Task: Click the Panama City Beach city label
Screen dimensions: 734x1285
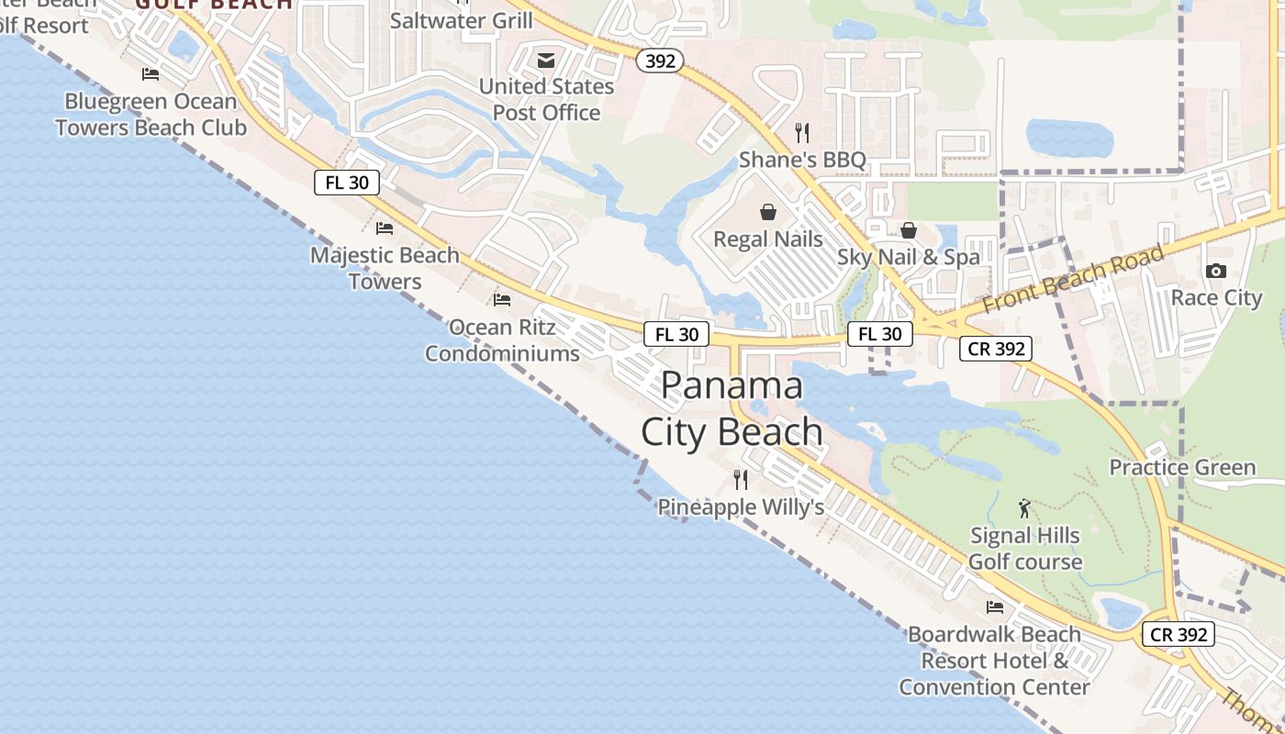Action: (x=732, y=408)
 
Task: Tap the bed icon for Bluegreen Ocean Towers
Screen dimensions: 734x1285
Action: (x=151, y=74)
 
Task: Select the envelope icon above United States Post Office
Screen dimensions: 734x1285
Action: (x=546, y=61)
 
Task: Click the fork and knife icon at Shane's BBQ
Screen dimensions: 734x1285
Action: (x=802, y=133)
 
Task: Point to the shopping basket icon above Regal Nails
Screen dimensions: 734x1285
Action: (x=768, y=212)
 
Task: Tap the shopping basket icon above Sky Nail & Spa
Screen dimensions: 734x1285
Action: (x=909, y=230)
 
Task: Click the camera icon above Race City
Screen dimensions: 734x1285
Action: (x=1216, y=271)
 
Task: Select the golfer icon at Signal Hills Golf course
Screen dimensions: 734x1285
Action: (x=1025, y=507)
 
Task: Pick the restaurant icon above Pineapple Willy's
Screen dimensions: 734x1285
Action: (x=741, y=479)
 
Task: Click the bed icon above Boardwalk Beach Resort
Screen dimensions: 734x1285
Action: (x=995, y=606)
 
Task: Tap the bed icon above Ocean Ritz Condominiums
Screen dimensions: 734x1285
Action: (x=502, y=299)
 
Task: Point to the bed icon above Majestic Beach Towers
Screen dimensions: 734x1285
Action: (x=385, y=228)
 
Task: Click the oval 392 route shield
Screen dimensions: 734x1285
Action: (x=660, y=61)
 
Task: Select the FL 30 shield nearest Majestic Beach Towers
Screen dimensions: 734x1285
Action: (x=347, y=182)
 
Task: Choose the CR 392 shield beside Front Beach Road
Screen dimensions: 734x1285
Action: (x=997, y=349)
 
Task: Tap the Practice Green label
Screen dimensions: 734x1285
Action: (x=1182, y=467)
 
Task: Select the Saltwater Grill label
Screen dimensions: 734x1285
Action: (x=461, y=20)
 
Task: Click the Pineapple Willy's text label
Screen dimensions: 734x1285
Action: (x=741, y=506)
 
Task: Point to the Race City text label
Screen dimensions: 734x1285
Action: (x=1216, y=297)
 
